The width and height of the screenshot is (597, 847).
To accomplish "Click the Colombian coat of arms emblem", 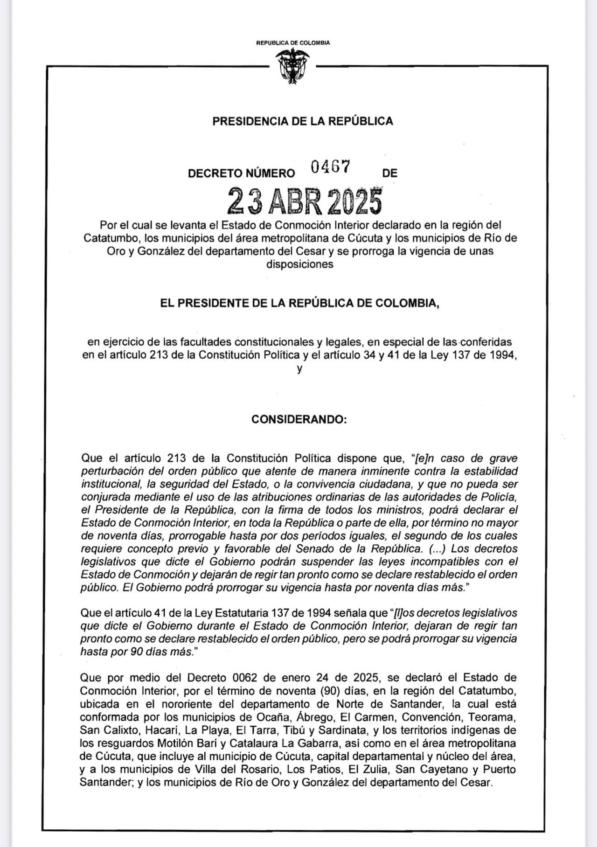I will (x=292, y=66).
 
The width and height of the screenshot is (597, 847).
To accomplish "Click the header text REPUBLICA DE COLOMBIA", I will (x=293, y=43).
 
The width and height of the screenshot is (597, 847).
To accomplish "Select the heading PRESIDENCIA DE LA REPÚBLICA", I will (x=303, y=121).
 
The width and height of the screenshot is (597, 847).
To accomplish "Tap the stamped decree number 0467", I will (x=331, y=167).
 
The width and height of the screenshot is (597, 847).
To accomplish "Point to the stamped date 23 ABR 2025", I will (x=305, y=201).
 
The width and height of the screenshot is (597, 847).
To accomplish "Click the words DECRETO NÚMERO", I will (x=241, y=174).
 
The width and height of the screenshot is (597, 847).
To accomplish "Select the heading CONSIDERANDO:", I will (x=299, y=419).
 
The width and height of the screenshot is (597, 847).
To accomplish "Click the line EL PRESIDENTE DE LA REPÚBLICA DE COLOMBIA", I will (x=299, y=303).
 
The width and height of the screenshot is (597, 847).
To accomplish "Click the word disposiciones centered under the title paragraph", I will (x=300, y=264).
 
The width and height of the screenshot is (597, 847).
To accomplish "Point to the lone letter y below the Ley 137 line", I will (x=299, y=369).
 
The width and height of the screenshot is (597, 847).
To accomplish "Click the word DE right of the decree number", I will (x=389, y=174).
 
